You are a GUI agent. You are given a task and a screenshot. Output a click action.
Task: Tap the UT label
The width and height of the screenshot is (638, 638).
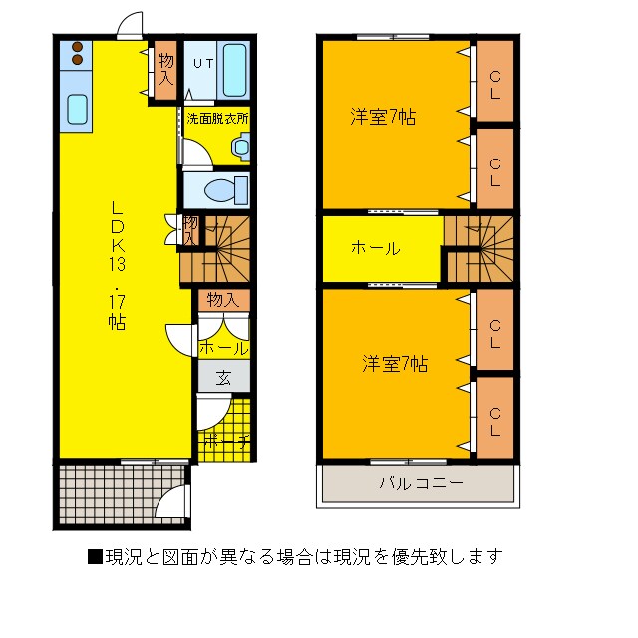click(x=202, y=63)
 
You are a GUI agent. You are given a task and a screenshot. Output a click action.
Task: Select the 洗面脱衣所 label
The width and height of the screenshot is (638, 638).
click(x=217, y=118)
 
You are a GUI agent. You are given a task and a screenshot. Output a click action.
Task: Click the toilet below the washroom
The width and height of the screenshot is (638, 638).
click(x=217, y=189)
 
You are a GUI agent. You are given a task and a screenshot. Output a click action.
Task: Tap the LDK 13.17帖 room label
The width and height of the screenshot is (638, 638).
click(x=117, y=265)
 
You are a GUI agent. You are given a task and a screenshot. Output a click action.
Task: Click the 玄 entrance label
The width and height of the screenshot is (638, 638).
click(x=223, y=378)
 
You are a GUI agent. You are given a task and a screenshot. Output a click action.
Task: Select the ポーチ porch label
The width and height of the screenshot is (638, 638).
click(x=224, y=439)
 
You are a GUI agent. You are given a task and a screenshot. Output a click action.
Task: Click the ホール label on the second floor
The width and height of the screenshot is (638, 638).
click(x=375, y=248)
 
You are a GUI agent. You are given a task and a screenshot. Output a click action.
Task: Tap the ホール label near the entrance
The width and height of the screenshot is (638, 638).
click(x=223, y=349)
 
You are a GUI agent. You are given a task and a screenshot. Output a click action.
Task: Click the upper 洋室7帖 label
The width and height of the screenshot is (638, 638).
click(x=382, y=118)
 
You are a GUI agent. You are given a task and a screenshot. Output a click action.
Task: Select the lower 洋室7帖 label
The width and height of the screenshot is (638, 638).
click(x=395, y=365)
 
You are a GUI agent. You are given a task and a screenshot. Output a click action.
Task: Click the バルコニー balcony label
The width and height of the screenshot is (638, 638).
click(x=419, y=485)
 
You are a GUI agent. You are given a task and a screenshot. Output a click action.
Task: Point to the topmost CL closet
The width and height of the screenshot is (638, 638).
click(x=494, y=80)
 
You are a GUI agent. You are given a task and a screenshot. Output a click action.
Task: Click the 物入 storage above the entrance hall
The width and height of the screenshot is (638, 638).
click(x=222, y=299)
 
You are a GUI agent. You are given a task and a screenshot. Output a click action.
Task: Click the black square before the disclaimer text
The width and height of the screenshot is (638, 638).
click(x=95, y=556)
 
